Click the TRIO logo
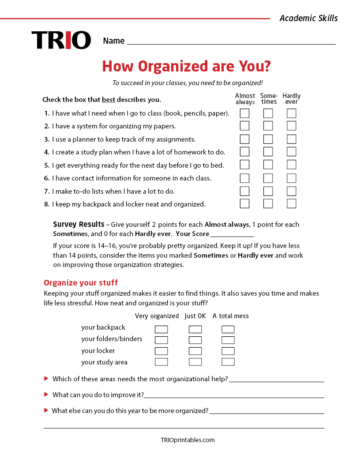[x=61, y=40]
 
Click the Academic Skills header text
[x=308, y=18]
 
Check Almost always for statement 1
[x=244, y=113]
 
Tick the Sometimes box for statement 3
[x=268, y=139]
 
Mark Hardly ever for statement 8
[x=291, y=203]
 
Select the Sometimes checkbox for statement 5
[x=268, y=165]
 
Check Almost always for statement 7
[x=244, y=191]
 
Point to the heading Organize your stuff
[x=81, y=283]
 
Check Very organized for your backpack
[x=161, y=329]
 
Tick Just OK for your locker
[x=195, y=351]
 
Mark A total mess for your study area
[x=228, y=362]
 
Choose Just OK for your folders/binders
[x=195, y=340]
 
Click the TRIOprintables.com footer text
[x=187, y=440]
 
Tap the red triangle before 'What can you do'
[x=46, y=394]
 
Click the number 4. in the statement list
[x=47, y=152]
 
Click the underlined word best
[x=109, y=100]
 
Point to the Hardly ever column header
[x=291, y=98]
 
